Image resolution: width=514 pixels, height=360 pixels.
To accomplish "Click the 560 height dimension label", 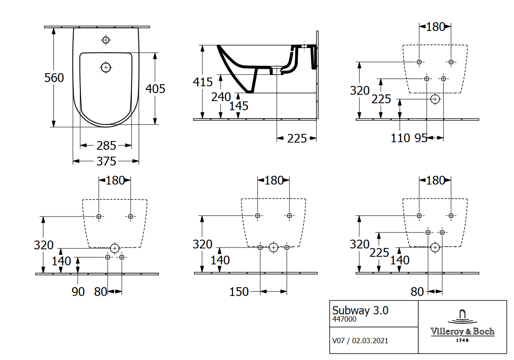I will (x=54, y=78).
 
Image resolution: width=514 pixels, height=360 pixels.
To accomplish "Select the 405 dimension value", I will (x=155, y=89).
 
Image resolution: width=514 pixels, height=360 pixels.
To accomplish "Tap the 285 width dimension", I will (x=106, y=145).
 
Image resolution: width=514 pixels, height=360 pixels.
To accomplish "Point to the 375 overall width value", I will (x=106, y=161).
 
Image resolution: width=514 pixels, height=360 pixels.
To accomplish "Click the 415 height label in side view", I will (x=203, y=82).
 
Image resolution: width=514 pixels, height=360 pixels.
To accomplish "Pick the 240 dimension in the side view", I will (x=221, y=97).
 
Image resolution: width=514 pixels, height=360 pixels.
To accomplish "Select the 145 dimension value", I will (x=239, y=106).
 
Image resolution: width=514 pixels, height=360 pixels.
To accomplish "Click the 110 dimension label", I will (x=400, y=138).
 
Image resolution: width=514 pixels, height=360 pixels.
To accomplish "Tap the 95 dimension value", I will (x=420, y=138).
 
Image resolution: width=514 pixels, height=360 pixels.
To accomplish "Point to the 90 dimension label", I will (x=78, y=292).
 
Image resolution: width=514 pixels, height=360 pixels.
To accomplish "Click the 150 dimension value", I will (x=239, y=292).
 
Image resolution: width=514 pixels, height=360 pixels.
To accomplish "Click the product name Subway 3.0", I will (x=360, y=310).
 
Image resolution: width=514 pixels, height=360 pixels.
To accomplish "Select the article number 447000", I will (x=344, y=319).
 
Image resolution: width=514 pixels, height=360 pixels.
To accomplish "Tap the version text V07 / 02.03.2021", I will (x=360, y=341).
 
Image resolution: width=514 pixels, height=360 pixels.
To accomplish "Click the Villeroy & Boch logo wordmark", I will (x=462, y=332).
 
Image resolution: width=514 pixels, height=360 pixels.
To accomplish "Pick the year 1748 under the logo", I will (x=462, y=340).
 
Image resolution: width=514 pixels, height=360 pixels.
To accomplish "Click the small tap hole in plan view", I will (x=105, y=40).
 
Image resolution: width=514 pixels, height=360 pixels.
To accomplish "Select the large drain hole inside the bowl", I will (x=105, y=67).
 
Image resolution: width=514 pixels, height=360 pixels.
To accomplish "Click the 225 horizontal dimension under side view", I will (x=296, y=139).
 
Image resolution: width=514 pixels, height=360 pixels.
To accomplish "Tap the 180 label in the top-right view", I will (x=435, y=26).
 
